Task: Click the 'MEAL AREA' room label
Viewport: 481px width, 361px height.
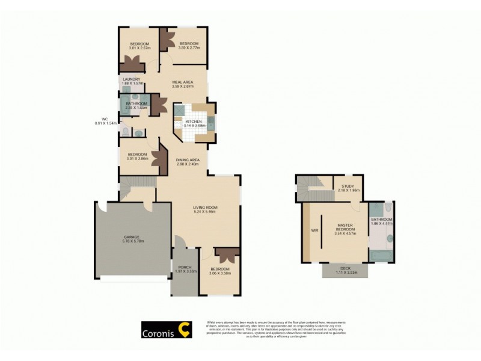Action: [182, 82]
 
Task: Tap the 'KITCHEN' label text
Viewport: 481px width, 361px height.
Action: [193, 122]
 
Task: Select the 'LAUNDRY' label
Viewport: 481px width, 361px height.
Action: [131, 79]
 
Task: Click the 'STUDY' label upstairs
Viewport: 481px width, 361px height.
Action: [347, 186]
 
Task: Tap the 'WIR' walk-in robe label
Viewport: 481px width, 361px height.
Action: [314, 229]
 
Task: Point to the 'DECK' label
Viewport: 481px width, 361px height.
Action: [345, 269]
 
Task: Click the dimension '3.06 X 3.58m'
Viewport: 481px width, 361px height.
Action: [219, 273]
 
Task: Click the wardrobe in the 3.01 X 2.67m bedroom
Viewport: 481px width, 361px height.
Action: [130, 63]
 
